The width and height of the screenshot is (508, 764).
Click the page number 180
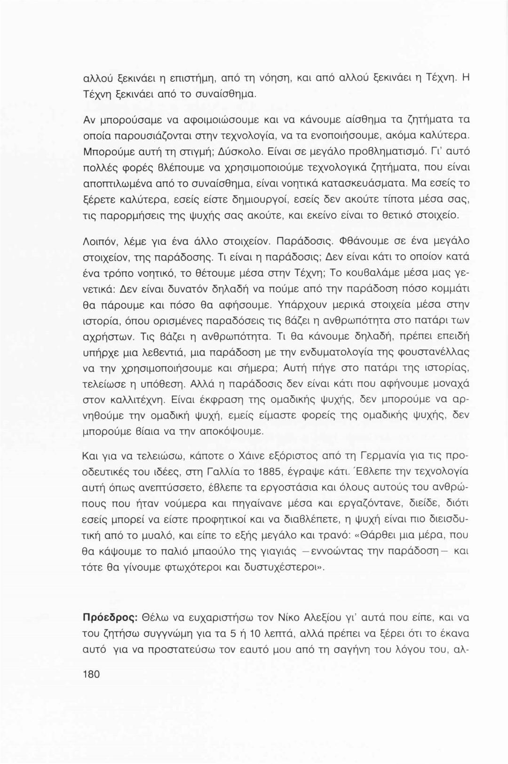click(x=91, y=674)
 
